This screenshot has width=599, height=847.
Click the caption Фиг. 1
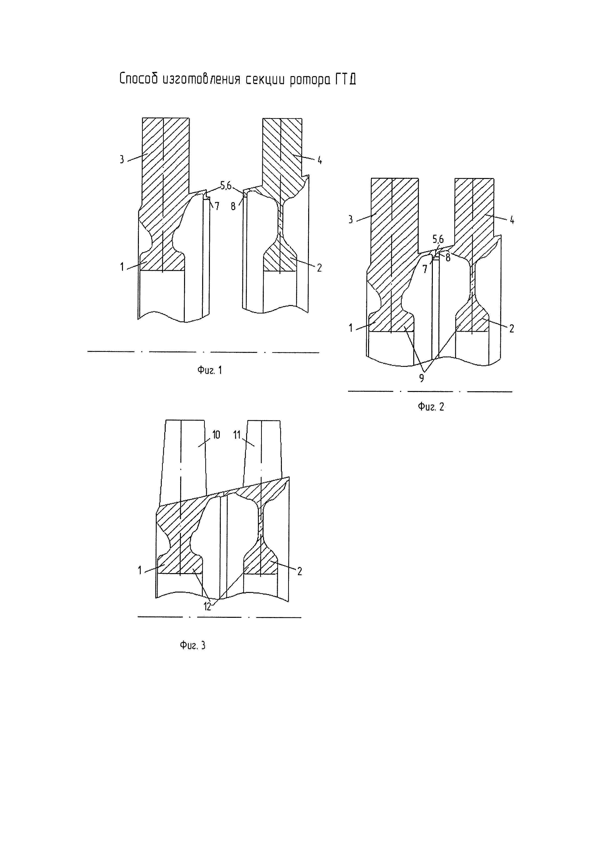[x=209, y=370]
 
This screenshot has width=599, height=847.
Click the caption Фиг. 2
[x=431, y=407]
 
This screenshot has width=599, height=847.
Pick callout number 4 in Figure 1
[x=319, y=160]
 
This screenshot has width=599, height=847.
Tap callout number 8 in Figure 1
[x=233, y=206]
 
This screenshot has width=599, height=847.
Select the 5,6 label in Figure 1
[x=226, y=186]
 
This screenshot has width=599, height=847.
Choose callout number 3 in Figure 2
[x=350, y=220]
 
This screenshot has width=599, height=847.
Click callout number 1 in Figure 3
[x=140, y=571]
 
